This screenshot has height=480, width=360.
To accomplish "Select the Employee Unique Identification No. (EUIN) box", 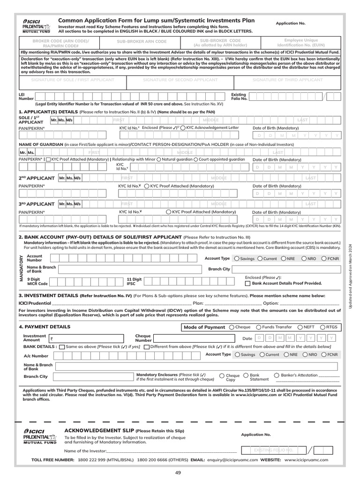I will tap(305, 43).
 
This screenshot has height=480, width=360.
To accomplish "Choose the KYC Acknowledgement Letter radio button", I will tap(183, 127).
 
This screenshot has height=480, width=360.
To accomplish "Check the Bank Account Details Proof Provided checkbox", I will tap(248, 283).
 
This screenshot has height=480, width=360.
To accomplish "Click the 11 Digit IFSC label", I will tap(134, 281).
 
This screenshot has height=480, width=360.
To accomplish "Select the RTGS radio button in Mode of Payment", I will tap(322, 327).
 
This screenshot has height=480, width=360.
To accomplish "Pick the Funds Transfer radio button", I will tap(259, 327).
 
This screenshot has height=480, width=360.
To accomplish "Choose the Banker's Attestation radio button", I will tap(277, 375).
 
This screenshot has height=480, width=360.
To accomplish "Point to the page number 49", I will tap(178, 472).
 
